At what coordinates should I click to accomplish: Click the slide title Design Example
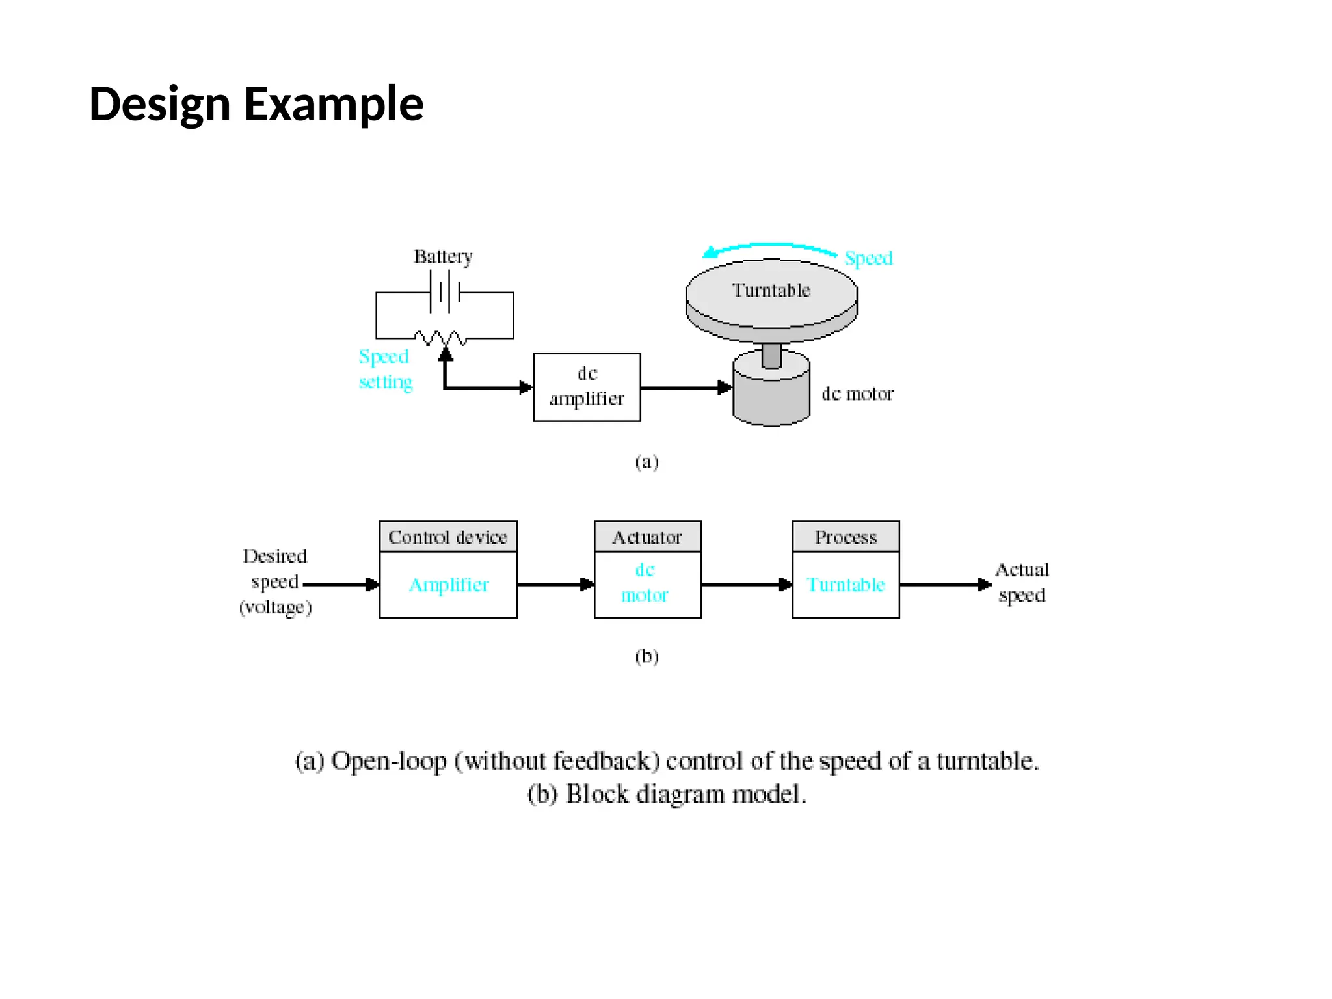point(256,104)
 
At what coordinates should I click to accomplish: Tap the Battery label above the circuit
point(443,257)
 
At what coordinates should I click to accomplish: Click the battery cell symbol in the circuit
point(445,292)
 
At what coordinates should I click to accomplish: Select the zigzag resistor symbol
point(440,338)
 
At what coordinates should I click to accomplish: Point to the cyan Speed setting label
point(385,369)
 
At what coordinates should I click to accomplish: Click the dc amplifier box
point(587,387)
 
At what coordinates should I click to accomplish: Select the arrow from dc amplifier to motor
point(686,388)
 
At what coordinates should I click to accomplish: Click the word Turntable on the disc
point(771,290)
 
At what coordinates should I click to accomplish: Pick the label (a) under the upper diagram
point(646,462)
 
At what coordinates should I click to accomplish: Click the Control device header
point(447,537)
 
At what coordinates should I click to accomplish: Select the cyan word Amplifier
point(448,585)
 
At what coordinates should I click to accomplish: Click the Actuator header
point(647,537)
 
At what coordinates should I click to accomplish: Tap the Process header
point(846,537)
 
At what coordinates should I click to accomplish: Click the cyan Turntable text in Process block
point(846,585)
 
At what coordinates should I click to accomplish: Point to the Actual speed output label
point(1022,582)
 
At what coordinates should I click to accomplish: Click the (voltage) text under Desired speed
point(276,607)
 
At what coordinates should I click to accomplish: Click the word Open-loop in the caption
point(388,761)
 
